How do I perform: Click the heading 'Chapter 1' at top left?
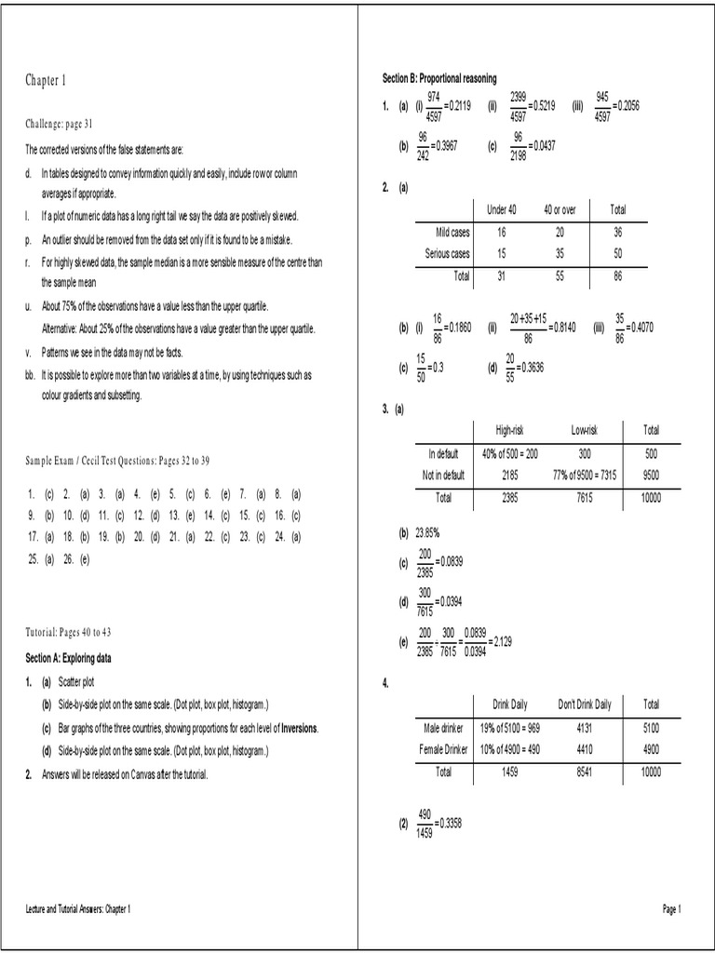coord(46,81)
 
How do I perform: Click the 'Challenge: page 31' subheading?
coord(60,124)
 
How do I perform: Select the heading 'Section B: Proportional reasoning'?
coord(439,77)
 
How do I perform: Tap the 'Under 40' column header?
coord(502,209)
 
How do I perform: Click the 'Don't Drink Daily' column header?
coord(584,704)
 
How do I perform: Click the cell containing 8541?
coord(584,772)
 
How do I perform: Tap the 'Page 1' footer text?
coord(672,908)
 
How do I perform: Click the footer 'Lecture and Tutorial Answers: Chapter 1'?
coord(78,908)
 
